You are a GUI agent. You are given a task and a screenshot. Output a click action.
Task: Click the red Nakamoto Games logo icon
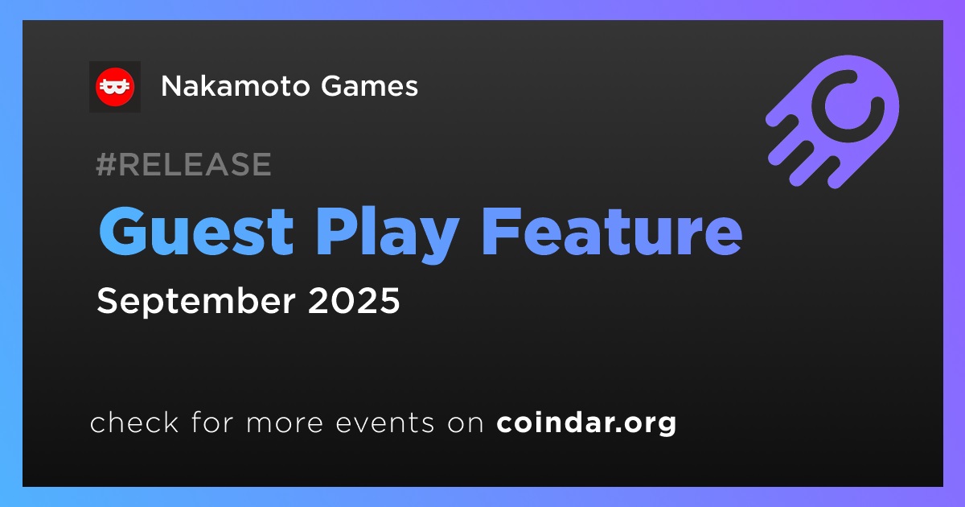tap(114, 87)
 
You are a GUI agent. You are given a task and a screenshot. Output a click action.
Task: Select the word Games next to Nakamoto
tap(369, 86)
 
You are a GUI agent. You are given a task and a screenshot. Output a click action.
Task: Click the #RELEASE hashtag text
tap(183, 164)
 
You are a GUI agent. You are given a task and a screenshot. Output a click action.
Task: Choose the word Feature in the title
tap(612, 231)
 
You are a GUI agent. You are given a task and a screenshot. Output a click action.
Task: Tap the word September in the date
tap(196, 301)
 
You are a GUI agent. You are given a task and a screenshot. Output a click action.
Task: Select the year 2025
tap(354, 300)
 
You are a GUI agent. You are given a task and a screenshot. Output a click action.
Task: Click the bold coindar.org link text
tap(586, 423)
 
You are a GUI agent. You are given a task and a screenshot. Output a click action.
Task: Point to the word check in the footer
tap(134, 422)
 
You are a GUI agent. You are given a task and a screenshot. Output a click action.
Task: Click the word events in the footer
tap(385, 423)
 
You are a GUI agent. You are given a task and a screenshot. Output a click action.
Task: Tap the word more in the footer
tap(285, 423)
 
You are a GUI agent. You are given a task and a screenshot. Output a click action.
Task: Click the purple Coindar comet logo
tap(833, 122)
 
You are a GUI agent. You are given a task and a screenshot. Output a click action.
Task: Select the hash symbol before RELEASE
tap(105, 164)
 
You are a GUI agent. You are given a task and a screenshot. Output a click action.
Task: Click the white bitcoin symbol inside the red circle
tap(114, 87)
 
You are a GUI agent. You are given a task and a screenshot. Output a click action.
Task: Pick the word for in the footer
tap(212, 422)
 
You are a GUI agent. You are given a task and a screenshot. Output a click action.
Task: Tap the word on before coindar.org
tap(466, 423)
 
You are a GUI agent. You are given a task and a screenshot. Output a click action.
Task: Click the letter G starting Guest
tap(121, 231)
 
